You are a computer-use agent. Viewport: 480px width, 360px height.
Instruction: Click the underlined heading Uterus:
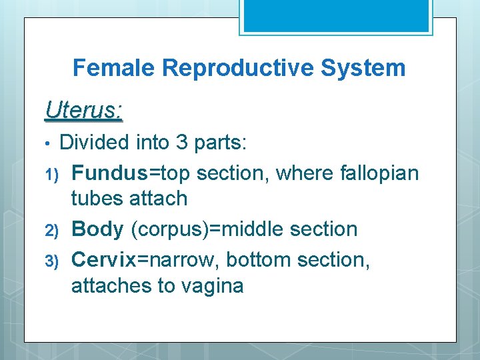pos(83,110)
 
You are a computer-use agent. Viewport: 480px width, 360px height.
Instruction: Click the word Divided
pos(95,143)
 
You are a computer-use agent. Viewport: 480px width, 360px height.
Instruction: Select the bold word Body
pos(97,229)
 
